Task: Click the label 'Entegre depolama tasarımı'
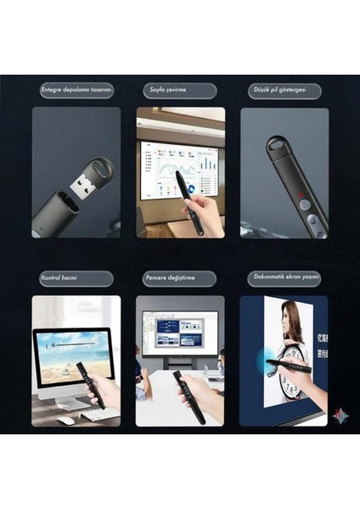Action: click(x=76, y=90)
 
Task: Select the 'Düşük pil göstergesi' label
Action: click(x=284, y=90)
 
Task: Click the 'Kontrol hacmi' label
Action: click(x=76, y=278)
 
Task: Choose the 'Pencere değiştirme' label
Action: click(x=179, y=278)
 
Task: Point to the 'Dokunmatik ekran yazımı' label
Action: click(x=284, y=278)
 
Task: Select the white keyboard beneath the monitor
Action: click(x=100, y=414)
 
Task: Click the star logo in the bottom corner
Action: click(x=340, y=416)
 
